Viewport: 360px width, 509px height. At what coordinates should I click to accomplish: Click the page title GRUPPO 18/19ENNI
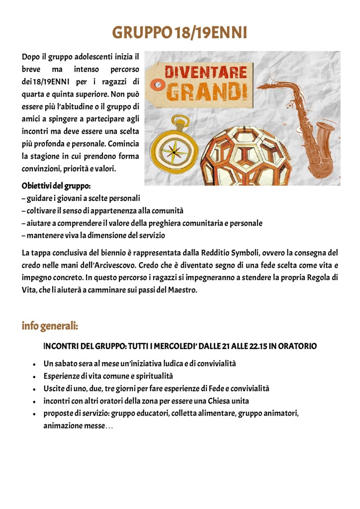tap(180, 33)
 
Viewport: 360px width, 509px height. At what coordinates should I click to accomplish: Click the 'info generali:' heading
tap(50, 326)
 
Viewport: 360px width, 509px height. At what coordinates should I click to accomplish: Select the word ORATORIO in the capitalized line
tap(297, 346)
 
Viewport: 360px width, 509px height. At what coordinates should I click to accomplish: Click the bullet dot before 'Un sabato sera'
tap(33, 364)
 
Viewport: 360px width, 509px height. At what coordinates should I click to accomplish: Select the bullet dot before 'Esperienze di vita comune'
tap(33, 377)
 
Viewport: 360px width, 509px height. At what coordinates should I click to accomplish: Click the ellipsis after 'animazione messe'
tap(109, 426)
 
